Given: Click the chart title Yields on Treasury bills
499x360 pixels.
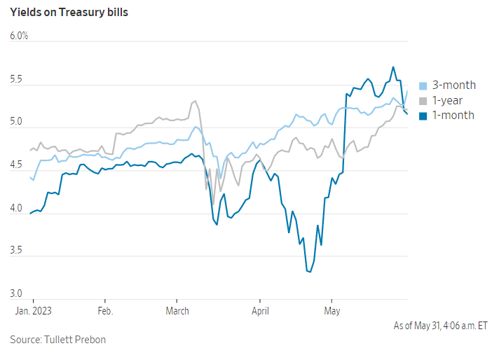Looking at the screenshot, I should click(x=69, y=13).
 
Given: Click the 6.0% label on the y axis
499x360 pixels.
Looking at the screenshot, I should click(x=19, y=36).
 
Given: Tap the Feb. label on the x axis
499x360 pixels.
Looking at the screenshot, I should click(x=105, y=310).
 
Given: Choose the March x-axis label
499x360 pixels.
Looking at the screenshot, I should click(x=177, y=310).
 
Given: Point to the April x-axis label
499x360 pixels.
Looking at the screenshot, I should click(x=260, y=310).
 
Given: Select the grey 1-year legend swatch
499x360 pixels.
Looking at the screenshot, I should click(x=423, y=100).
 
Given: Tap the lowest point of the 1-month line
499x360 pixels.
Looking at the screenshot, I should click(x=309, y=272).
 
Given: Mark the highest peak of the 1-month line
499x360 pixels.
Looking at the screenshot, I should click(x=393, y=67).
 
